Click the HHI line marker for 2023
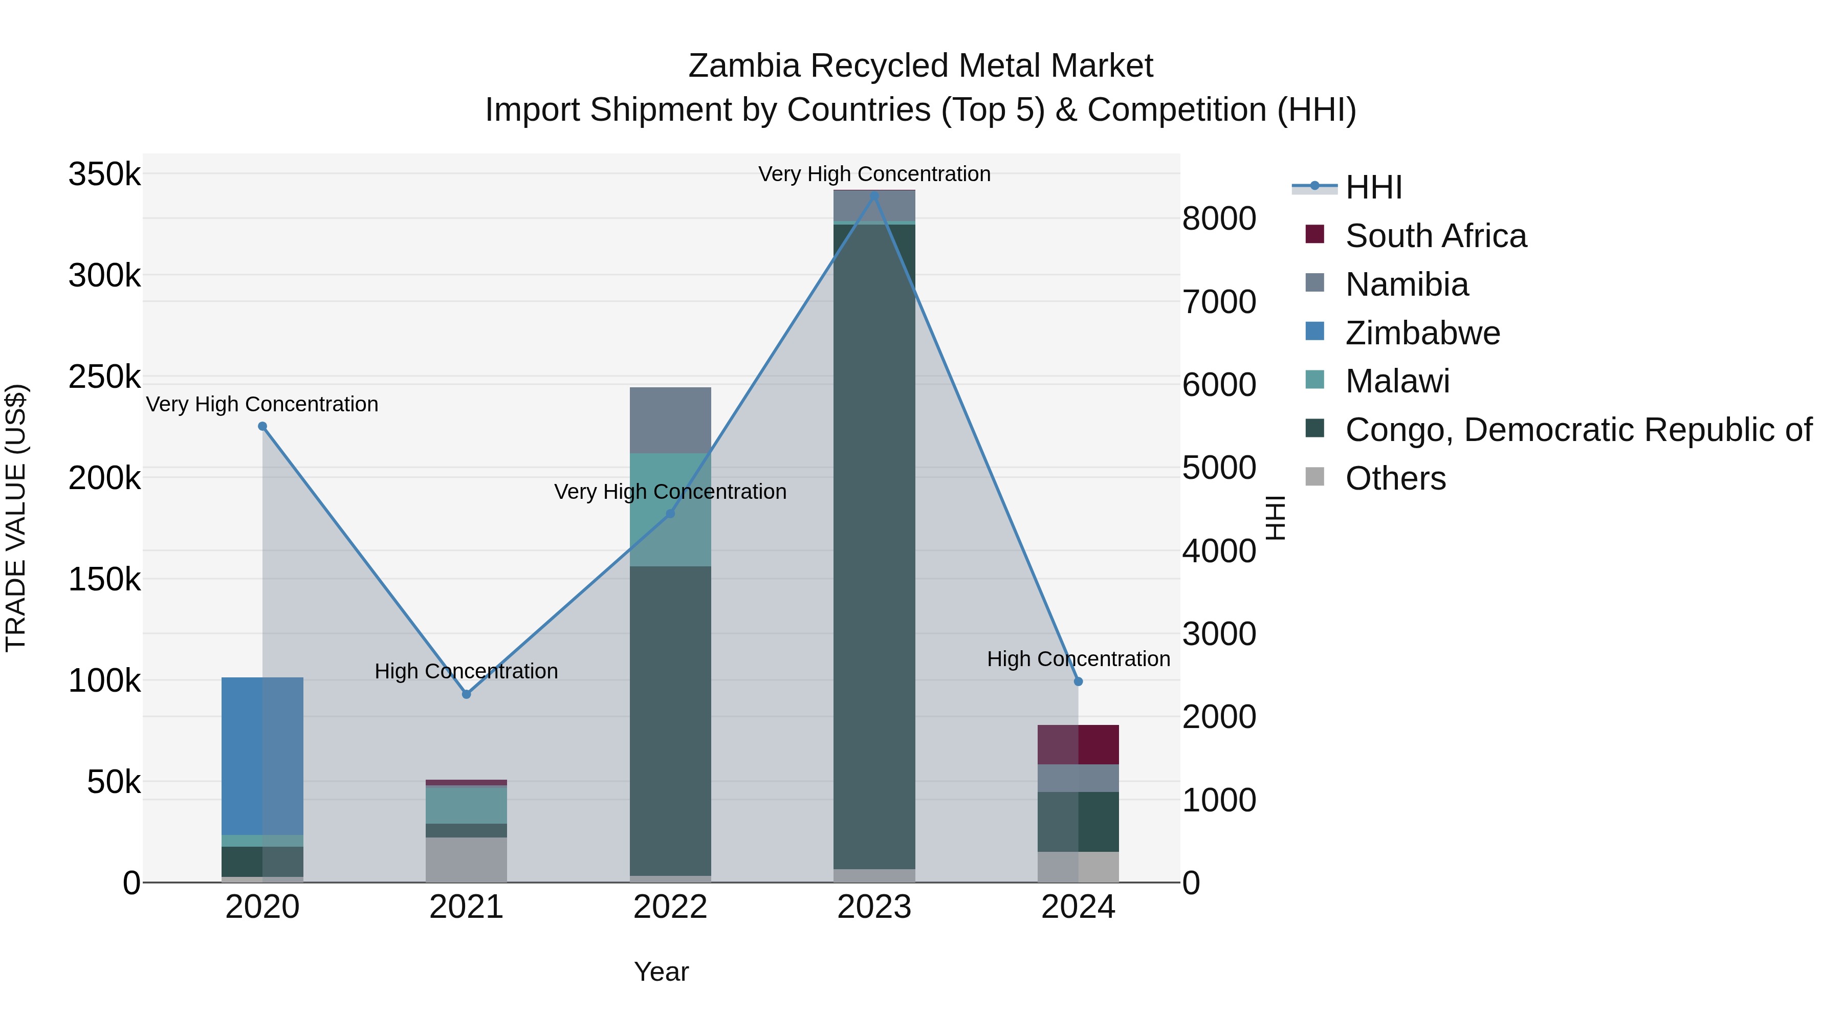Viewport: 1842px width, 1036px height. click(874, 195)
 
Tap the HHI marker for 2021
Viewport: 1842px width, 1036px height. click(466, 694)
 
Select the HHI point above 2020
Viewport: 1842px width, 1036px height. click(262, 427)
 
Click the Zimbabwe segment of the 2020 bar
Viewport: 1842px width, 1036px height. click(262, 755)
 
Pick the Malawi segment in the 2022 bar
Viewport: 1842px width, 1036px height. click(670, 509)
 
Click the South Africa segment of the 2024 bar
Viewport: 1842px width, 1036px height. click(1078, 744)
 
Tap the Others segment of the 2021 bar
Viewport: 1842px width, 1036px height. click(466, 859)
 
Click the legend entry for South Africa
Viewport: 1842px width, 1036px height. click(1435, 236)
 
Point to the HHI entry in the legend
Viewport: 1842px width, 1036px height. click(1373, 187)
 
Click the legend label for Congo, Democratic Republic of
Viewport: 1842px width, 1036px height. click(1577, 430)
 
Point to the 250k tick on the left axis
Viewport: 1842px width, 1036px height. click(104, 377)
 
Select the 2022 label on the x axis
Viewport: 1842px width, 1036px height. click(670, 907)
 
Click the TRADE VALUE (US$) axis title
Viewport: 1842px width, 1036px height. click(16, 518)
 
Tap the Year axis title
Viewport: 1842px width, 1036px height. click(661, 972)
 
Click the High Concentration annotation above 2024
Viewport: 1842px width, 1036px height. click(1078, 658)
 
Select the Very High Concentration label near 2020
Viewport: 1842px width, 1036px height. click(262, 404)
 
